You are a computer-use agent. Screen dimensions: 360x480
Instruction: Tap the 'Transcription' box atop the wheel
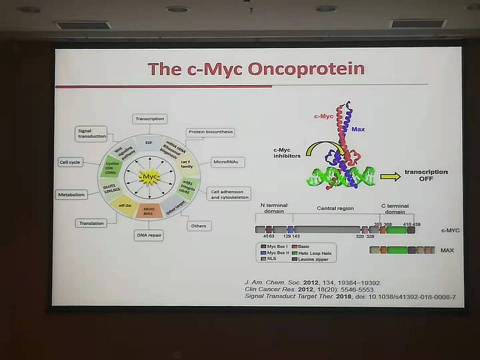(149, 118)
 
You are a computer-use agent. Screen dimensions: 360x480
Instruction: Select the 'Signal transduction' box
(91, 133)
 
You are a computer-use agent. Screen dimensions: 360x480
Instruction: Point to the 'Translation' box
(91, 223)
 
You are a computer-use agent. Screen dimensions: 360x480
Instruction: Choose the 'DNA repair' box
(149, 235)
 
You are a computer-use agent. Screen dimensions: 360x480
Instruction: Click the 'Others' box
(199, 226)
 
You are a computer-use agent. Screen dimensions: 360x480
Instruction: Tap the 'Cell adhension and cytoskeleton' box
(229, 194)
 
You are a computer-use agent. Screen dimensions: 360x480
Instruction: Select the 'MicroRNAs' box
(226, 162)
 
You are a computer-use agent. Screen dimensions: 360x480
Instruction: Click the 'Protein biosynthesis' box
(210, 132)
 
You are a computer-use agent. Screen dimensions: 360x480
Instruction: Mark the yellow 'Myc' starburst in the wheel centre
(149, 176)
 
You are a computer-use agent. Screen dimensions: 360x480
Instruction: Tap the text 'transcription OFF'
(427, 175)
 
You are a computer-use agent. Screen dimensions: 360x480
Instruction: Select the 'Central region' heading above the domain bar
(335, 208)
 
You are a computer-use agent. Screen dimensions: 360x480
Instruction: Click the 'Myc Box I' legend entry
(277, 246)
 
